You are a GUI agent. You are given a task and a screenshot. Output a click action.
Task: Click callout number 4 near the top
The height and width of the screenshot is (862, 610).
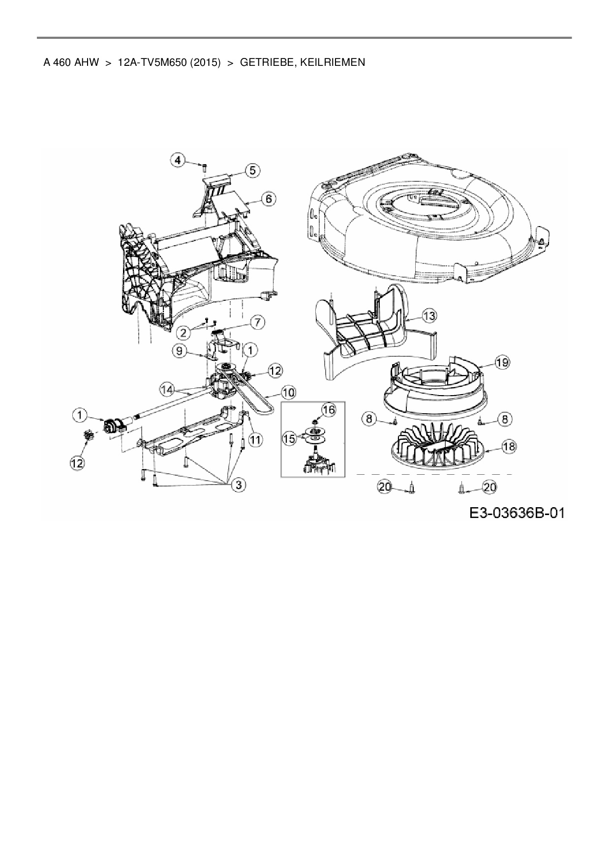[x=178, y=160]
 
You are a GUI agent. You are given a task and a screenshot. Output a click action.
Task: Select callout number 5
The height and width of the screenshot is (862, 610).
[x=252, y=170]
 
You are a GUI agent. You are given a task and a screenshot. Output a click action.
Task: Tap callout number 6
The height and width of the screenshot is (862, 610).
[x=269, y=199]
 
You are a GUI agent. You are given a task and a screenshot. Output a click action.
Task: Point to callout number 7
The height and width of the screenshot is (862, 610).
[x=257, y=322]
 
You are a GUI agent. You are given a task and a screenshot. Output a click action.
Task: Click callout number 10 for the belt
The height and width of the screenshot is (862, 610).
[x=288, y=392]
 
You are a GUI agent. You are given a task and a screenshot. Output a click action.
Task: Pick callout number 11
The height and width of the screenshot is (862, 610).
[x=255, y=440]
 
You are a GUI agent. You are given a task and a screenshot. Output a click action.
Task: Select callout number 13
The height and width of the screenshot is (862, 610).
[x=429, y=316]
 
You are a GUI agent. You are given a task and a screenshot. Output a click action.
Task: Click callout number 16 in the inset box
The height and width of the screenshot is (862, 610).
[x=329, y=409]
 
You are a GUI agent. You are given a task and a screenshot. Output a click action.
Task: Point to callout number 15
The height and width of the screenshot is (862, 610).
[x=290, y=438]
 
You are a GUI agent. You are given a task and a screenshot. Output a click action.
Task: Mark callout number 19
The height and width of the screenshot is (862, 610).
[x=502, y=363]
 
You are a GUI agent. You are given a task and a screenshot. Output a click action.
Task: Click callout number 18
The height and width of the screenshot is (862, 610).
[x=509, y=446]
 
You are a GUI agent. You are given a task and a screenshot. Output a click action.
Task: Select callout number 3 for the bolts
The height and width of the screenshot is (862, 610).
[x=239, y=485]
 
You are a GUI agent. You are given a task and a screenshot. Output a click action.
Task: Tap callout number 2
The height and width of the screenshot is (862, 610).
[x=184, y=332]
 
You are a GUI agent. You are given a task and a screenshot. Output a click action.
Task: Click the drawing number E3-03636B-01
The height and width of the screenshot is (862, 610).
[x=517, y=513]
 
